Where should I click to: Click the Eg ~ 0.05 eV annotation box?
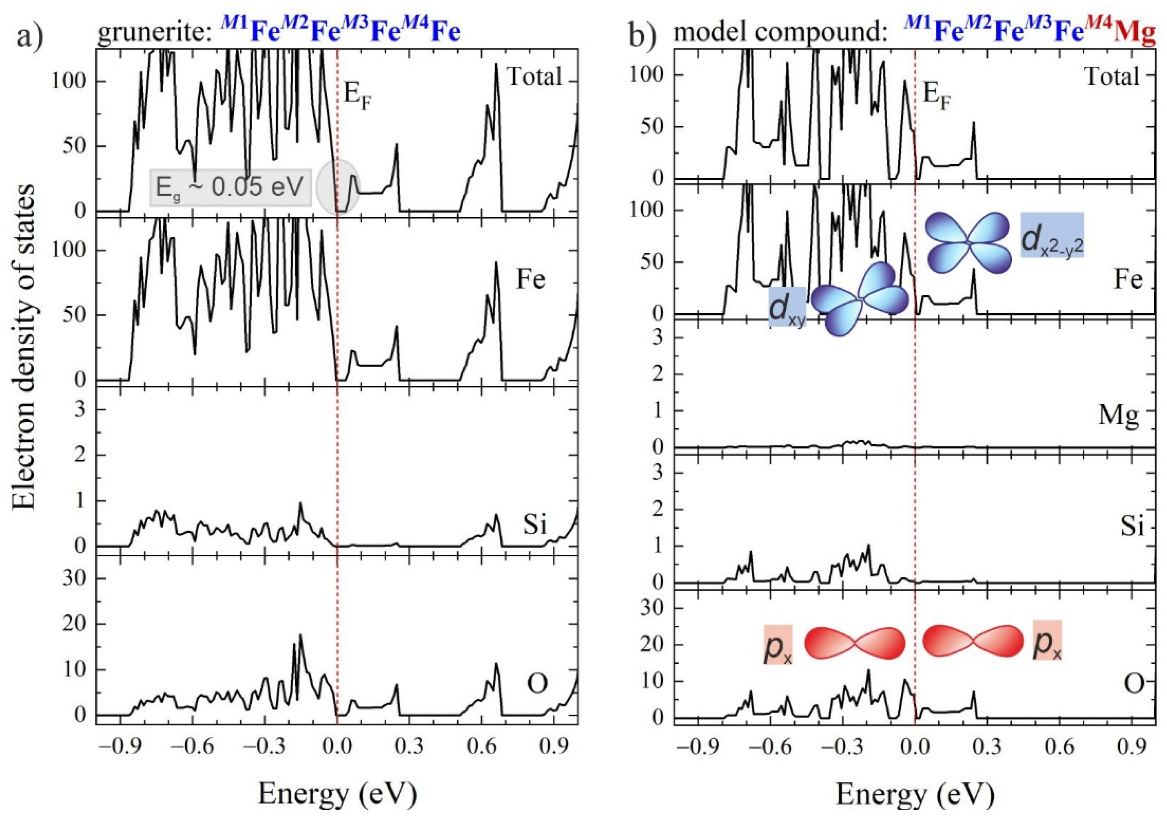coord(230,188)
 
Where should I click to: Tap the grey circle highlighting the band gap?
coord(338,188)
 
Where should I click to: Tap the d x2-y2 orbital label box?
coord(1053,242)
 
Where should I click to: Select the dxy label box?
coord(787,307)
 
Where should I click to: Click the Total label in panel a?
coord(535,77)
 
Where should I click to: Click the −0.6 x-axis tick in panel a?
coord(193,748)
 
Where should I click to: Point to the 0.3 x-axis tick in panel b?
coord(988,748)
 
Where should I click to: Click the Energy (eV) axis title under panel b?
coord(915,794)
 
